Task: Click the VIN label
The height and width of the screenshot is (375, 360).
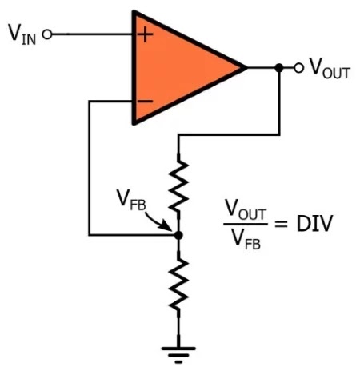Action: (x=22, y=35)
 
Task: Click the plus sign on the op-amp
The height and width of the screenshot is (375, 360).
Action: (x=145, y=34)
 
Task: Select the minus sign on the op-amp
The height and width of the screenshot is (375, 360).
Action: (x=145, y=101)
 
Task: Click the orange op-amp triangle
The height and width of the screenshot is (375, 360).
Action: (x=176, y=67)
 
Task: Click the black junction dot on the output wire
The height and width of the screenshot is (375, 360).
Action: (x=278, y=67)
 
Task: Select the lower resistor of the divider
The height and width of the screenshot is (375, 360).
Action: (x=178, y=285)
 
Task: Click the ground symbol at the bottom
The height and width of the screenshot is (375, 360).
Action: (x=178, y=350)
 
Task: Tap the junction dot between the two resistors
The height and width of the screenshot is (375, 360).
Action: (x=178, y=235)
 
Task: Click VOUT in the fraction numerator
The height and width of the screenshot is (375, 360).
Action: (x=244, y=209)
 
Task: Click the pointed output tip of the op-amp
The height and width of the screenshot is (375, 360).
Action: (x=245, y=67)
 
